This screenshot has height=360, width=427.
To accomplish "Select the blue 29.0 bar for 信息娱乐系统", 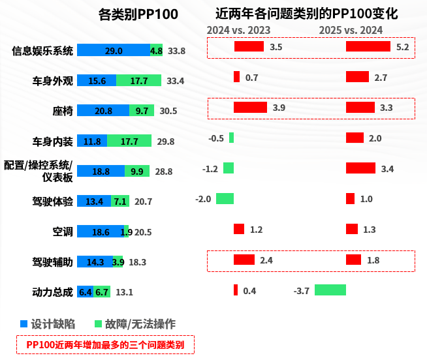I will click(114, 50).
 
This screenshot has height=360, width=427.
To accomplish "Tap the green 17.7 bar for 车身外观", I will click(138, 81).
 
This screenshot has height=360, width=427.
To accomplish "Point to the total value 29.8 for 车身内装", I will click(166, 141).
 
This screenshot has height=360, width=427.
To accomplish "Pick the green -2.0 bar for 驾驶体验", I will click(225, 198).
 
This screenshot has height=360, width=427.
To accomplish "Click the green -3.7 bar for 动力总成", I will click(330, 290).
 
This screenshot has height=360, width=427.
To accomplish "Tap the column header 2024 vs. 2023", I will click(238, 30).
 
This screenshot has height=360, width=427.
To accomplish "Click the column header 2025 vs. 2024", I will click(351, 30).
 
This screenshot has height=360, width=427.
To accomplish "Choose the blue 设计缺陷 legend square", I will click(24, 323).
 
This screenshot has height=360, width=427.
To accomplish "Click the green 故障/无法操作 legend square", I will click(99, 323).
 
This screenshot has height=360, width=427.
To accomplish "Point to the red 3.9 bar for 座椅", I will click(250, 107).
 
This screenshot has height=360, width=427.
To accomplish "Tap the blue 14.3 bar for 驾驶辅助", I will click(95, 262).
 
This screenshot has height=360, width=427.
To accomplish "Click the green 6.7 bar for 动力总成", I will click(102, 292).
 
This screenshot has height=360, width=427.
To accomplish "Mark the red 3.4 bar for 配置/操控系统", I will click(360, 168).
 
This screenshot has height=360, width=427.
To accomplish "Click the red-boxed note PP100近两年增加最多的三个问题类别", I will click(105, 344).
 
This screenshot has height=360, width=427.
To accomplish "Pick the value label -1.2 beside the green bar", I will click(210, 169).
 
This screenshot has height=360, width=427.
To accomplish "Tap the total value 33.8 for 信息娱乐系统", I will click(176, 51).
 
